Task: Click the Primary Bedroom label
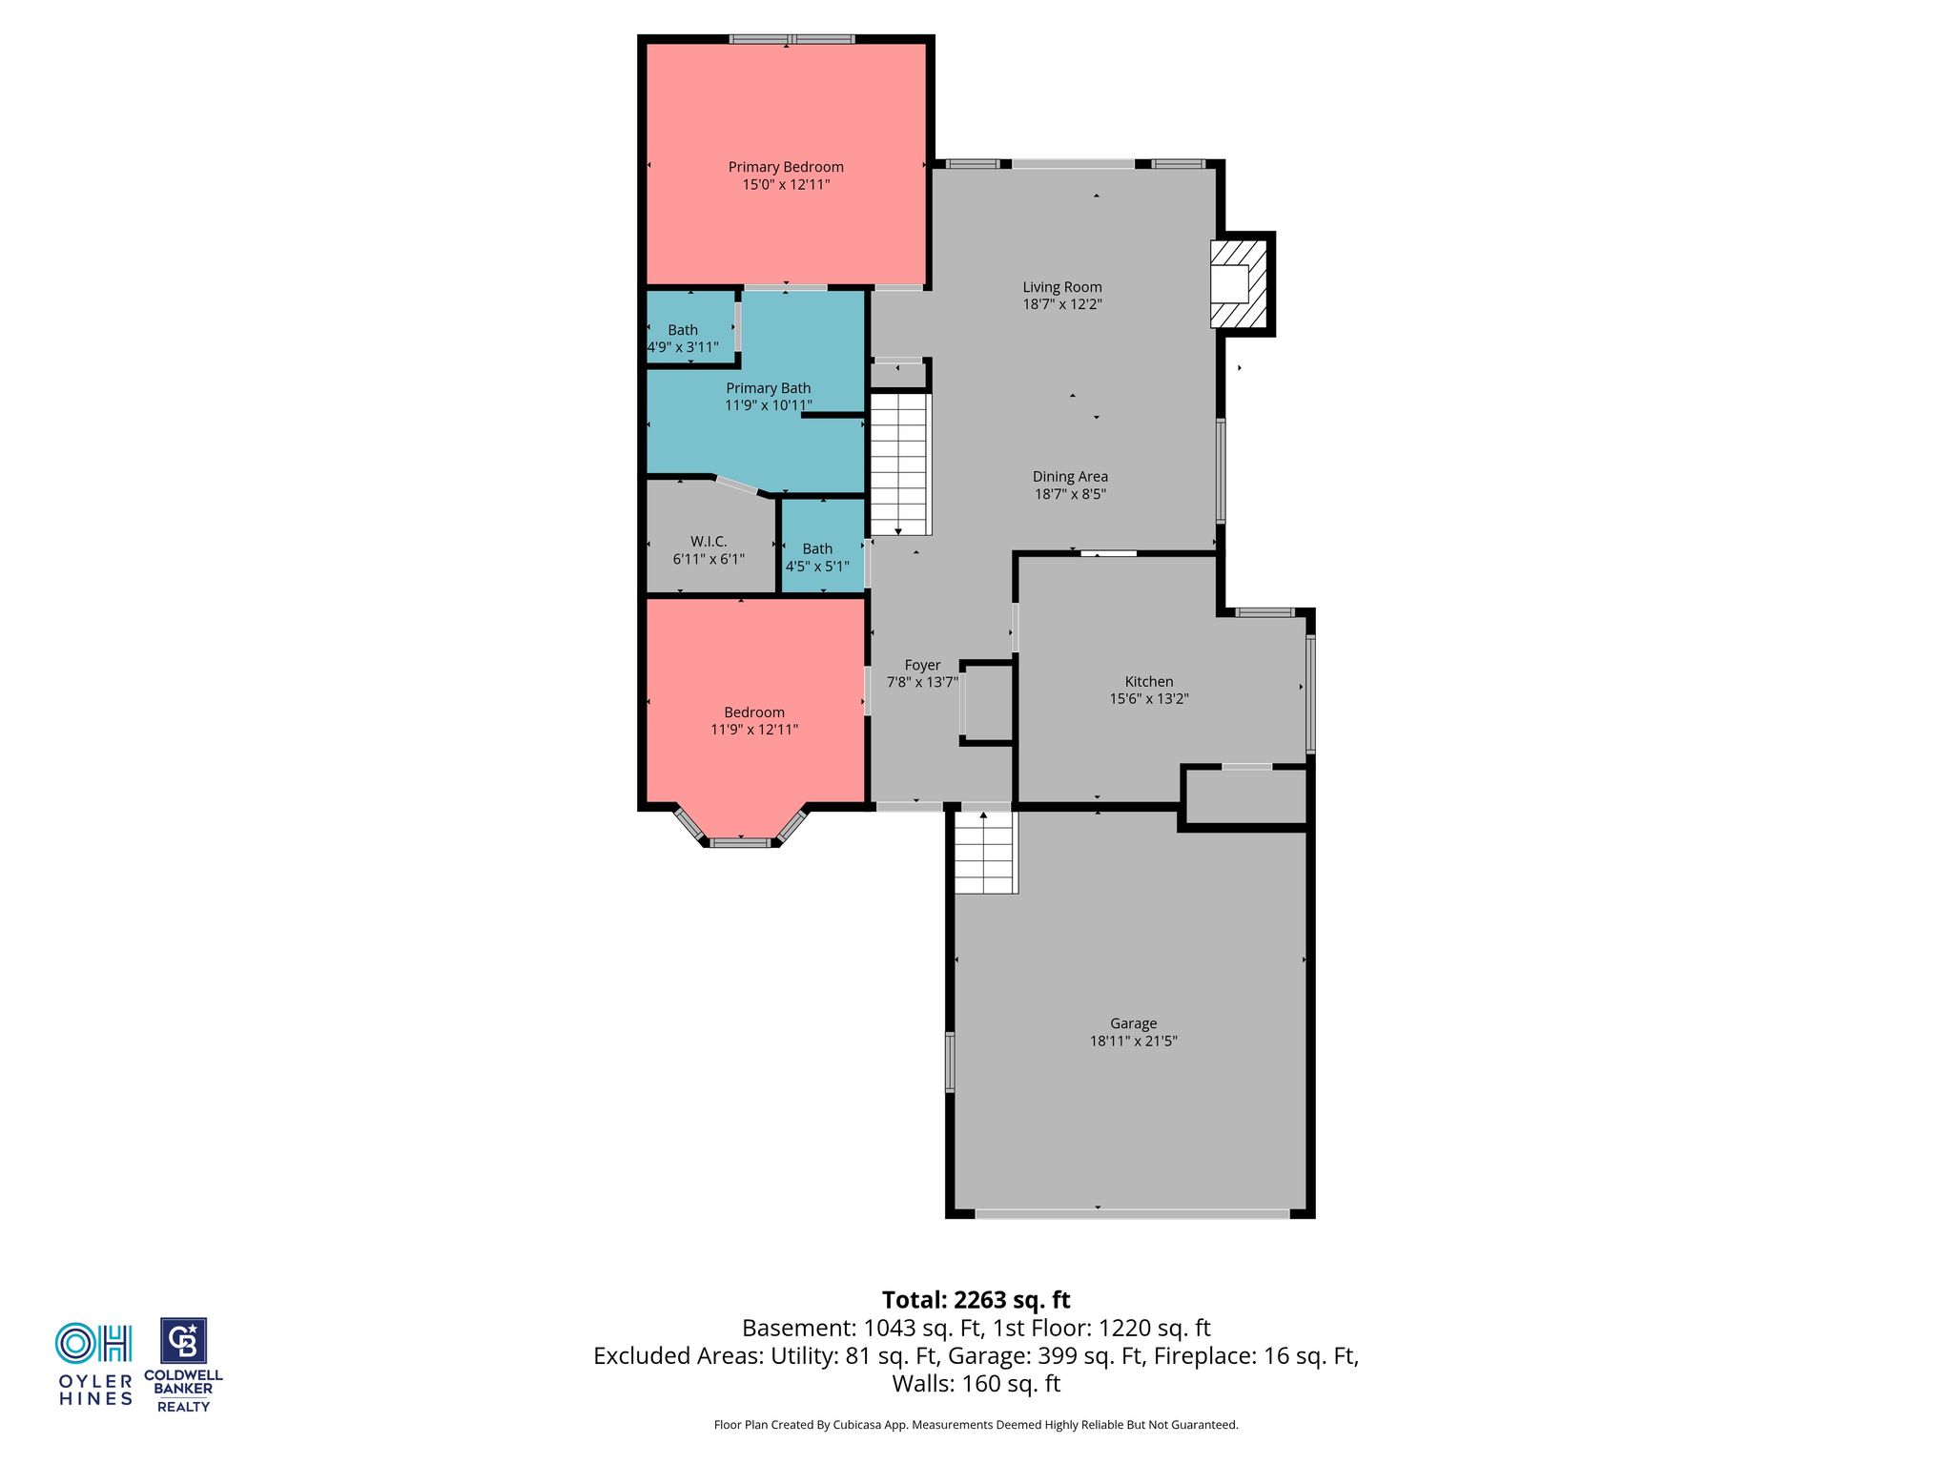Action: pos(786,167)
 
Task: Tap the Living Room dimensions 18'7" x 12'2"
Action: pos(1062,304)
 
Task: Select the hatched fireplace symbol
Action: pos(1239,283)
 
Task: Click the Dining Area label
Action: pos(1070,477)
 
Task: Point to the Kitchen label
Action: pos(1149,681)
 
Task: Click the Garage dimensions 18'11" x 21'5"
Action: pos(1134,1041)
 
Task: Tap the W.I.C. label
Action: pos(709,542)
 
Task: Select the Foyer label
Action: pos(922,665)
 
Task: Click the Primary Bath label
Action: pos(769,388)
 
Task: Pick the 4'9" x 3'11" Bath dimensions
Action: pos(683,347)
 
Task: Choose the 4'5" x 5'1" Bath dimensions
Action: pos(817,566)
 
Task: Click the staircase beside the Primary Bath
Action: pos(899,464)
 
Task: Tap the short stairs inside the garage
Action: pos(986,853)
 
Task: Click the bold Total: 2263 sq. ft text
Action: pos(976,1300)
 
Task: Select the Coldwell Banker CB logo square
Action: pos(183,1342)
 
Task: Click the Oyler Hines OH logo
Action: pos(93,1343)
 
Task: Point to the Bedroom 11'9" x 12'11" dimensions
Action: pos(754,730)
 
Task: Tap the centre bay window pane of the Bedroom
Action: pos(740,842)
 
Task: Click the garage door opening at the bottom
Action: pos(1132,1214)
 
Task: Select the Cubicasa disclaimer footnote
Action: pos(976,1425)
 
